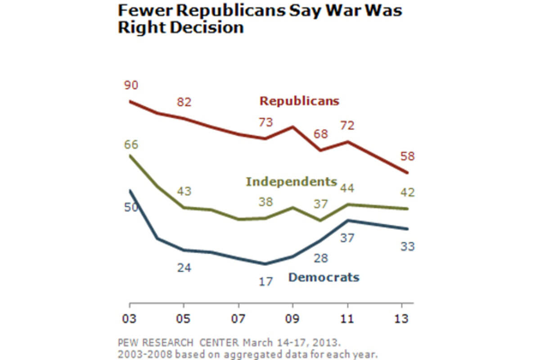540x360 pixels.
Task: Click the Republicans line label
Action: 299,101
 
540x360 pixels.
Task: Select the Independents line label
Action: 291,182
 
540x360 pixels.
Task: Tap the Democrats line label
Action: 324,277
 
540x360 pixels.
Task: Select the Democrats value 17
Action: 265,282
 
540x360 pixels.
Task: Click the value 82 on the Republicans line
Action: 184,102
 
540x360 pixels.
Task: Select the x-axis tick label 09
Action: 292,318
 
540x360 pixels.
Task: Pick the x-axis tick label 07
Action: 238,318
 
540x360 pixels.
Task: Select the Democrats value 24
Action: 184,268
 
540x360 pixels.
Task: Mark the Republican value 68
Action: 320,134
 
